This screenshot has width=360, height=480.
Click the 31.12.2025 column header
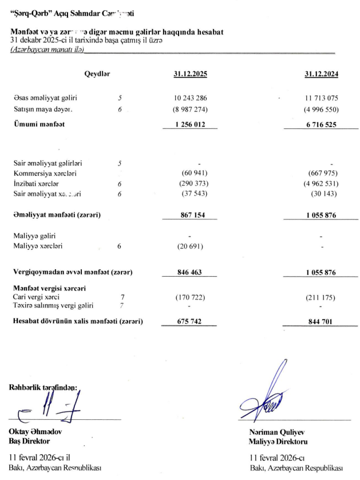189,74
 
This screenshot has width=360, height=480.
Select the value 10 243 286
189,99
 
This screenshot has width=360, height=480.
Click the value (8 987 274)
189,109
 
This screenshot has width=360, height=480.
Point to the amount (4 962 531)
321,184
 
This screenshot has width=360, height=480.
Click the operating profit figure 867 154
189,215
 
